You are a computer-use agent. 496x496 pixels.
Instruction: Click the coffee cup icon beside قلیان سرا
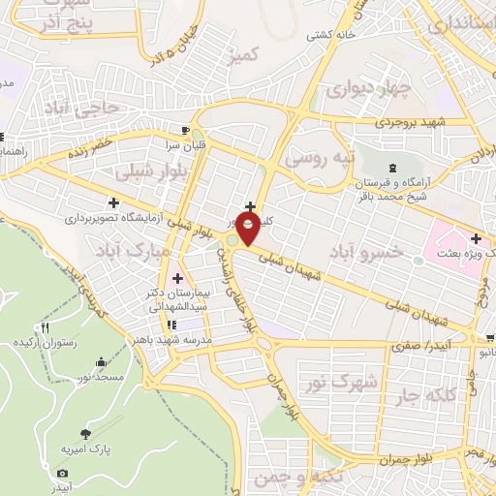pyautogui.click(x=185, y=129)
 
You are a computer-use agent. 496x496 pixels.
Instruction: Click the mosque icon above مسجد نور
pyautogui.click(x=103, y=361)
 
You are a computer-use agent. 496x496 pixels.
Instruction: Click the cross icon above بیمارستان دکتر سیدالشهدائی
pyautogui.click(x=176, y=279)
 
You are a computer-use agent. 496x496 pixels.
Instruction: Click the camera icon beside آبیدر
pyautogui.click(x=64, y=473)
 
